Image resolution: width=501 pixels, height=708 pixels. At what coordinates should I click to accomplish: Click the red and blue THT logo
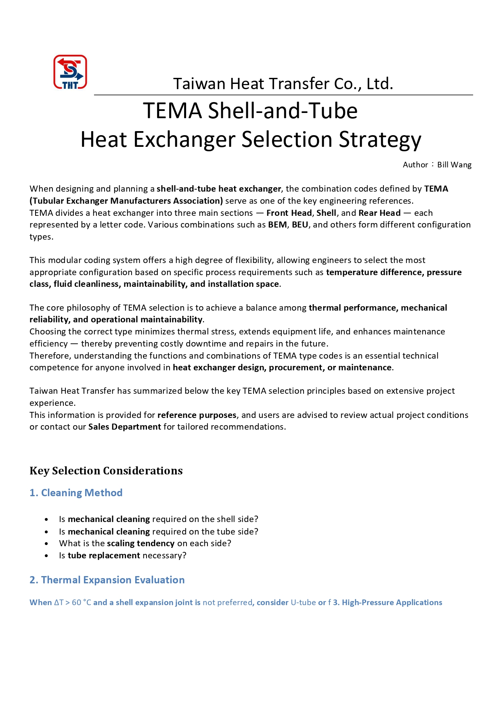(70, 72)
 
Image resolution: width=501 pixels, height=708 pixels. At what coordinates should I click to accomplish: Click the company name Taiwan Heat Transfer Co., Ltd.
(283, 84)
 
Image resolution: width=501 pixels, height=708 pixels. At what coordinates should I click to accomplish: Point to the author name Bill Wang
(454, 165)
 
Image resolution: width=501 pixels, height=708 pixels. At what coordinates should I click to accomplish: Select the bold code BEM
(277, 225)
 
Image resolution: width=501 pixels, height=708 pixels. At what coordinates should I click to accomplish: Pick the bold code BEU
(300, 225)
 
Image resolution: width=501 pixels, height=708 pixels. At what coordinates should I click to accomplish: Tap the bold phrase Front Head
(289, 213)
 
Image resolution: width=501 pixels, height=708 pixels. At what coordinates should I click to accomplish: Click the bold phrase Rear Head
(379, 213)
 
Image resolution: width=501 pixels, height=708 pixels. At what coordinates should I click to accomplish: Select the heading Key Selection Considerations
(106, 471)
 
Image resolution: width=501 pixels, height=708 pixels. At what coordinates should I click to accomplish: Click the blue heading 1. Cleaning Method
(76, 493)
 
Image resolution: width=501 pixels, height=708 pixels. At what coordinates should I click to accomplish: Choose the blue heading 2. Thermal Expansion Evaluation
(107, 580)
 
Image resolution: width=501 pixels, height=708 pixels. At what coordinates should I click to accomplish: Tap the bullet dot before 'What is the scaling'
(47, 544)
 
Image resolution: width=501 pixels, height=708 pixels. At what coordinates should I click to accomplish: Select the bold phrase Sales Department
(125, 427)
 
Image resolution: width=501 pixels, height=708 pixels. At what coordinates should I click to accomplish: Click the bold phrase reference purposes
(197, 415)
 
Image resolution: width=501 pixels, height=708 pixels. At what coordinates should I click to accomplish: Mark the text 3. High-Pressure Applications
(388, 602)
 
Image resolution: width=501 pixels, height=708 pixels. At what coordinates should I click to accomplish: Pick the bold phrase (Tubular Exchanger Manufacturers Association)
(126, 201)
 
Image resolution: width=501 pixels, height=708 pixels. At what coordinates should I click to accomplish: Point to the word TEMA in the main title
(172, 111)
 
